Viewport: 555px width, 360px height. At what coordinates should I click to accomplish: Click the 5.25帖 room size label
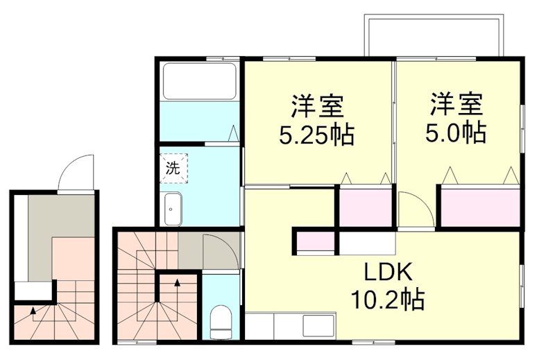click(316, 135)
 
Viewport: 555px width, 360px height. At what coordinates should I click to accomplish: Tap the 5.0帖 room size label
click(455, 131)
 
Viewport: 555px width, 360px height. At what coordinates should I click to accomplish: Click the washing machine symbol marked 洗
click(171, 167)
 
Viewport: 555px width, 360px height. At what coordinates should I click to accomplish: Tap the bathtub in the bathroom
click(200, 81)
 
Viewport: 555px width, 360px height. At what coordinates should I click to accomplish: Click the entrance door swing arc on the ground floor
click(74, 173)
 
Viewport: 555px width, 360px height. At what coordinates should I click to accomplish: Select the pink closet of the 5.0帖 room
click(480, 206)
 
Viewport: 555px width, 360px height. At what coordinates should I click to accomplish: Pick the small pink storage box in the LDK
click(316, 242)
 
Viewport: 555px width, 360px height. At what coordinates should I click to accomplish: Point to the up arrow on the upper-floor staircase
click(177, 283)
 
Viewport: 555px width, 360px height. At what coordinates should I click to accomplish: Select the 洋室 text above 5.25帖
click(317, 106)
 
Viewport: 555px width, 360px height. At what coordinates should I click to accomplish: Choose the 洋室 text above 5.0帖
click(456, 104)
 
